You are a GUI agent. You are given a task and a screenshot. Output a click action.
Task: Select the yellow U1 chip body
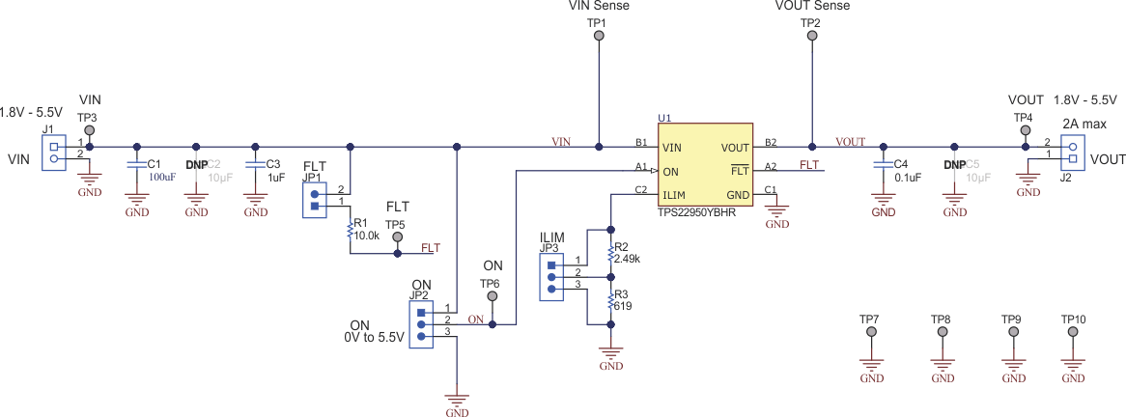[x=705, y=169]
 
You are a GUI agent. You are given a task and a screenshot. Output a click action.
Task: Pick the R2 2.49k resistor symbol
[x=610, y=253]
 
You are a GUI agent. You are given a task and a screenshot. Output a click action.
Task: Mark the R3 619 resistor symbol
[x=610, y=301]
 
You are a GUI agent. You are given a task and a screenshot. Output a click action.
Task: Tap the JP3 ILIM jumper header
[x=551, y=277]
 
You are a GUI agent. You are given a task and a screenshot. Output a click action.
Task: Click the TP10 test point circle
[x=1073, y=332]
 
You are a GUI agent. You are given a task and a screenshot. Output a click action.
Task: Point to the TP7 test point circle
[x=872, y=332]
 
